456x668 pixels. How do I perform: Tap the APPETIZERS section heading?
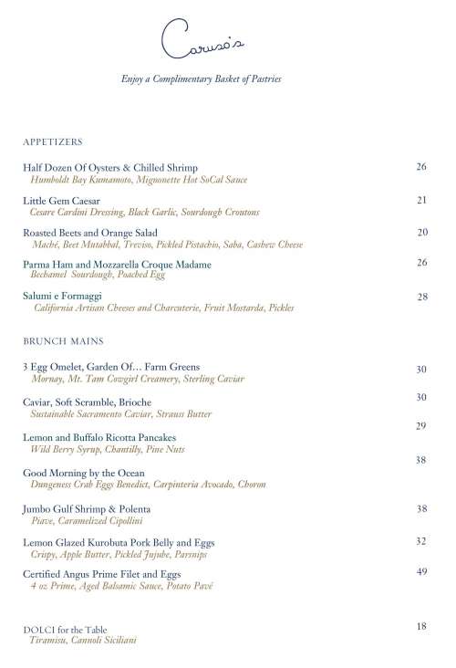53,142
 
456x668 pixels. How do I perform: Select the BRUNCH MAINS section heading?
63,340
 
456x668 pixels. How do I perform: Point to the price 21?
421,200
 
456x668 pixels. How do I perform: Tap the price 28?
421,297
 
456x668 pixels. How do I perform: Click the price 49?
421,571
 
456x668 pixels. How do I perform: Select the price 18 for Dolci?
421,626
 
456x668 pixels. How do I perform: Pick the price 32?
421,541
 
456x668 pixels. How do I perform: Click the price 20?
421,233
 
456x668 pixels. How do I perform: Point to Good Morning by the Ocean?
84,473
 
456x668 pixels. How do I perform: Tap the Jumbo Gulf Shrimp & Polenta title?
87,508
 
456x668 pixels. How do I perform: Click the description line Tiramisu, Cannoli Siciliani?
84,641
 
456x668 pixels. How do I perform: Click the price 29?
421,426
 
